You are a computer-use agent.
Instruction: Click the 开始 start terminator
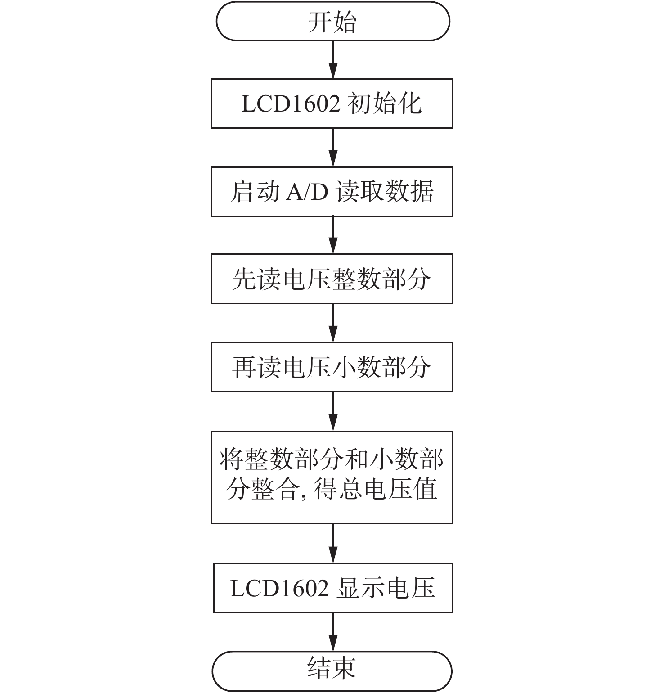point(333,21)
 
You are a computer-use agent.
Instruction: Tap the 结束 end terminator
point(332,671)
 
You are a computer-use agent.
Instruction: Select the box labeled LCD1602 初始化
point(332,103)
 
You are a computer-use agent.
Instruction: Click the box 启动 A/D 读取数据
point(332,192)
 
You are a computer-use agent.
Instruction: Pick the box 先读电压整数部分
point(332,279)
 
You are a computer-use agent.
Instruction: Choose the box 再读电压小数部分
point(332,367)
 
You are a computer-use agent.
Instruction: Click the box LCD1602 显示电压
point(333,588)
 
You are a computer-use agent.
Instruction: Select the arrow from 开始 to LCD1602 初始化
point(333,60)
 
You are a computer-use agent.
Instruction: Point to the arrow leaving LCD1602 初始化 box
point(333,148)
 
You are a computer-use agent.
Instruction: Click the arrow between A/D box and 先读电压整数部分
point(333,235)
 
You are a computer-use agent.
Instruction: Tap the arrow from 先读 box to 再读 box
point(333,323)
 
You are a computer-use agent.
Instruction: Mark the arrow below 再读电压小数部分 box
point(333,411)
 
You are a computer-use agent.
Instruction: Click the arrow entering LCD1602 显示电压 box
point(333,543)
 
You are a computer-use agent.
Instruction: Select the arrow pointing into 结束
point(333,632)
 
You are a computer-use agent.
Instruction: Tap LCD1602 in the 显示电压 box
point(279,588)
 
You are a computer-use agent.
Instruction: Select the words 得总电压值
point(375,489)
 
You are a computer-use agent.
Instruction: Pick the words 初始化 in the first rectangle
point(386,103)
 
